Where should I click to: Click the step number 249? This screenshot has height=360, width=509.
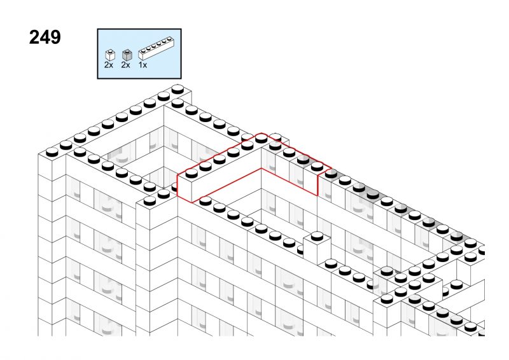[45, 37]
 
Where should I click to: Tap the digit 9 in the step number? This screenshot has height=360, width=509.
[55, 37]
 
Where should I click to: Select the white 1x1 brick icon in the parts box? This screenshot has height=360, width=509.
[110, 55]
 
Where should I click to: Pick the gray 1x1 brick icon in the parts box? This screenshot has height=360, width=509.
[127, 55]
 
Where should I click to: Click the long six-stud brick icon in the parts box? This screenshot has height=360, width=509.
[157, 49]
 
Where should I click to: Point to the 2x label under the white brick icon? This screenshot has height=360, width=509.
[109, 65]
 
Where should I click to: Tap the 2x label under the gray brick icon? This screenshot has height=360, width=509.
[125, 65]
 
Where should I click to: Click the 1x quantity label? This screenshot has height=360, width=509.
[143, 65]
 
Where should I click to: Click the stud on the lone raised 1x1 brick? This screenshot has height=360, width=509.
[317, 236]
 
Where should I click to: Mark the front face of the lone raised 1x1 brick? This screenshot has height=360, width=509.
[310, 251]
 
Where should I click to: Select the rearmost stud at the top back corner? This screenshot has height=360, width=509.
[178, 89]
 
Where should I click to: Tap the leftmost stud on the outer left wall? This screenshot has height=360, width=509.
[52, 151]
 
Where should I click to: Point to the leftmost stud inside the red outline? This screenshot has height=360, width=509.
[192, 174]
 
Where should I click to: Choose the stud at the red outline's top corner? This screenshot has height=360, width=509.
[261, 139]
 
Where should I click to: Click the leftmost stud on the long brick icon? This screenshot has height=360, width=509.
[143, 51]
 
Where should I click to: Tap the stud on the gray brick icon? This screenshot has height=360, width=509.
[127, 52]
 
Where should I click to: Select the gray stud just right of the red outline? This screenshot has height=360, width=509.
[331, 174]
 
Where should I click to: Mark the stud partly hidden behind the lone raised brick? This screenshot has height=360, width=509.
[300, 249]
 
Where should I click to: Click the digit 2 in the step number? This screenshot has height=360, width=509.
[34, 37]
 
